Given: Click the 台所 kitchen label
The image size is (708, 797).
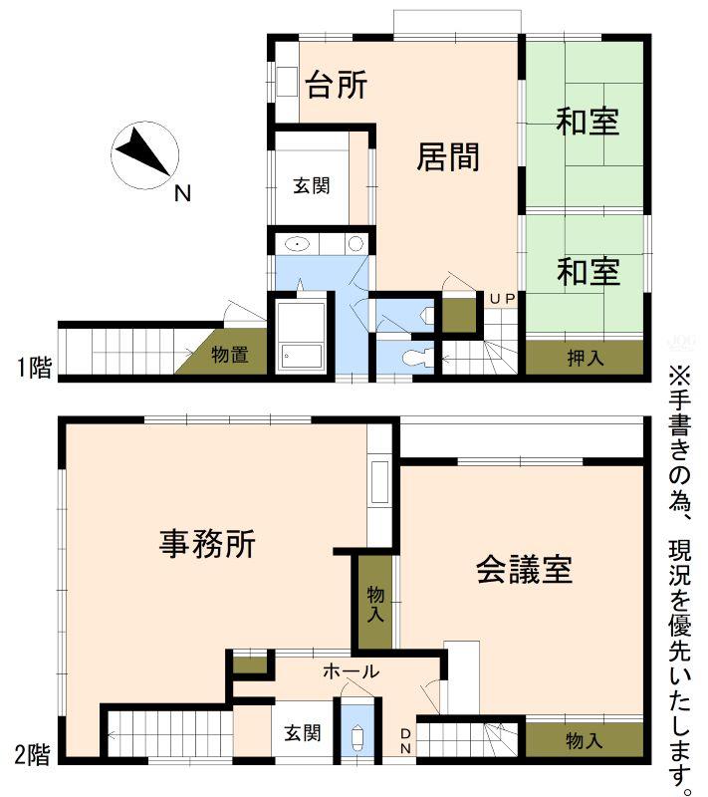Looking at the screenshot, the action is tap(337, 85).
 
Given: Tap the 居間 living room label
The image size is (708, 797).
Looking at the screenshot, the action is tap(448, 156).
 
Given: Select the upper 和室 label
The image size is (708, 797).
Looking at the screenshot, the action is tap(588, 122).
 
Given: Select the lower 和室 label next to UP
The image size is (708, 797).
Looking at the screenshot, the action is tap(589, 271).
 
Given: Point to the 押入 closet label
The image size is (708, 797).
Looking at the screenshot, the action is tap(586, 359).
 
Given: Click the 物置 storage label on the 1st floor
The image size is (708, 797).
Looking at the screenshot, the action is tap(230, 355).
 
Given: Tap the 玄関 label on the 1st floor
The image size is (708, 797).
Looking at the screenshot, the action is tap(312, 185).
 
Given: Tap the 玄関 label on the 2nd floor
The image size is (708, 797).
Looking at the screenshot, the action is tap(302, 733).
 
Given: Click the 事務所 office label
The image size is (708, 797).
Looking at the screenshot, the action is tap(207, 543).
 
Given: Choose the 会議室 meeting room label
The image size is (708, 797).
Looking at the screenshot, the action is tap(524, 569).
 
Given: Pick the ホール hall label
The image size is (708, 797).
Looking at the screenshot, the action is tap(351, 671).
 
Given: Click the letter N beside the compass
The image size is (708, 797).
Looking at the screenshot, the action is tap(182, 193).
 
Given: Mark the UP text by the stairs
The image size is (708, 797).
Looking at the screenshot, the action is tap(502, 299).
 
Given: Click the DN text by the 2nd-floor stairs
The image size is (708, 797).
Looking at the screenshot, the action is tap(405, 741).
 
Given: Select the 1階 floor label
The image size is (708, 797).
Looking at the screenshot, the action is tap(34, 367).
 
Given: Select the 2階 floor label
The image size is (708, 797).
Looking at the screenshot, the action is tap(33, 754).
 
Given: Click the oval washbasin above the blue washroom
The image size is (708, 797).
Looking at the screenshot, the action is tap(297, 244).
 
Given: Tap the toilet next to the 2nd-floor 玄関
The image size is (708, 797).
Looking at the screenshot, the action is tap(357, 734).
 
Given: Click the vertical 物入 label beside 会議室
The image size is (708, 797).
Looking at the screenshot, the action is tap(375, 604).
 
